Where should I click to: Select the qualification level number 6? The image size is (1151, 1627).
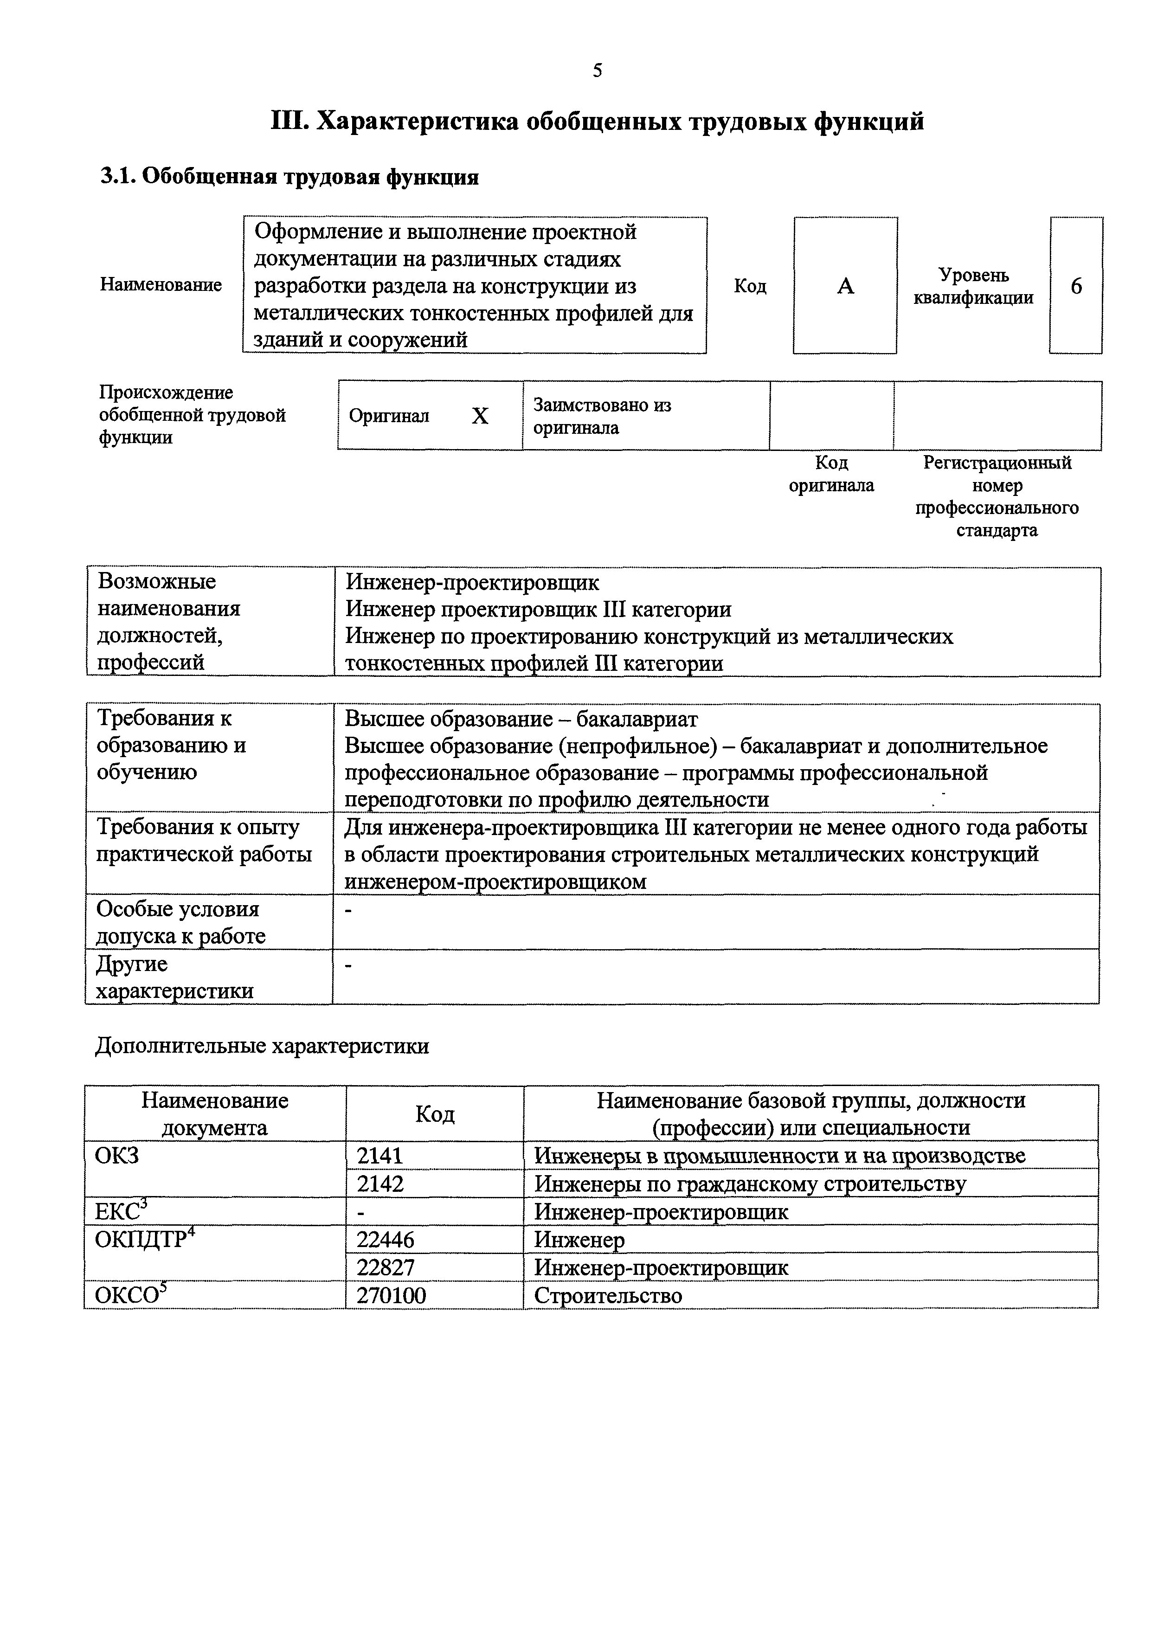(1076, 286)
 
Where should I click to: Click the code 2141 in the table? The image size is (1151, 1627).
(380, 1156)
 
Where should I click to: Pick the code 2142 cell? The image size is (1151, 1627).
(380, 1183)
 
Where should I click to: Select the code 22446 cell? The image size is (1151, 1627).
(385, 1239)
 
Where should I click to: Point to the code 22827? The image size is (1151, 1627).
(385, 1267)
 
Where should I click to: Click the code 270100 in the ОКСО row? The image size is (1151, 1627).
(391, 1295)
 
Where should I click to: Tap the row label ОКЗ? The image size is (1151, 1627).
(117, 1156)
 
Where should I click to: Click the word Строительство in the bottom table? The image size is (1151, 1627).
(607, 1295)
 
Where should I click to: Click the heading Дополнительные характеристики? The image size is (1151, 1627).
(262, 1046)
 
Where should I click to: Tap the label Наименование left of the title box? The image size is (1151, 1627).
(161, 285)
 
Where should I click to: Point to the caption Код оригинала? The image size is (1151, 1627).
(831, 474)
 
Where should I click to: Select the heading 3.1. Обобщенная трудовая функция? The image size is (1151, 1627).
(289, 176)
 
